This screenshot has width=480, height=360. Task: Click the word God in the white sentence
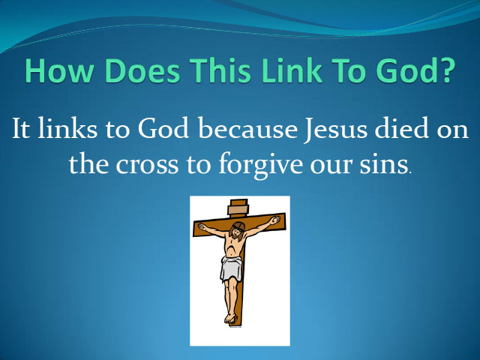click(163, 128)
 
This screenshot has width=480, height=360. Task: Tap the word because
click(248, 128)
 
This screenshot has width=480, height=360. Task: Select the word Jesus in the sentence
click(335, 130)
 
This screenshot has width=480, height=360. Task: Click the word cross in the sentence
click(147, 166)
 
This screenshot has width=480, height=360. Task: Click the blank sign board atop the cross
click(238, 210)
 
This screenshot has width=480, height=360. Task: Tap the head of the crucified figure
click(237, 229)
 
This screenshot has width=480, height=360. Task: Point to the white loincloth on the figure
click(231, 269)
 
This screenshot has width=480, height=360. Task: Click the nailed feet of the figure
click(230, 318)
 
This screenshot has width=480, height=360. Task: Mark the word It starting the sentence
click(21, 128)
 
